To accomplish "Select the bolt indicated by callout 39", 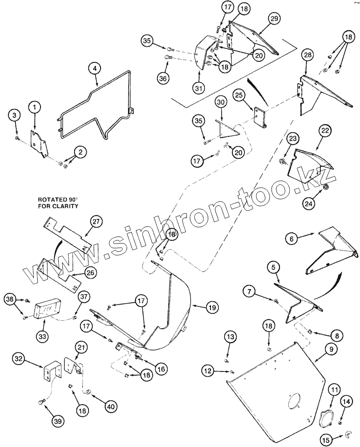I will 42,401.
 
